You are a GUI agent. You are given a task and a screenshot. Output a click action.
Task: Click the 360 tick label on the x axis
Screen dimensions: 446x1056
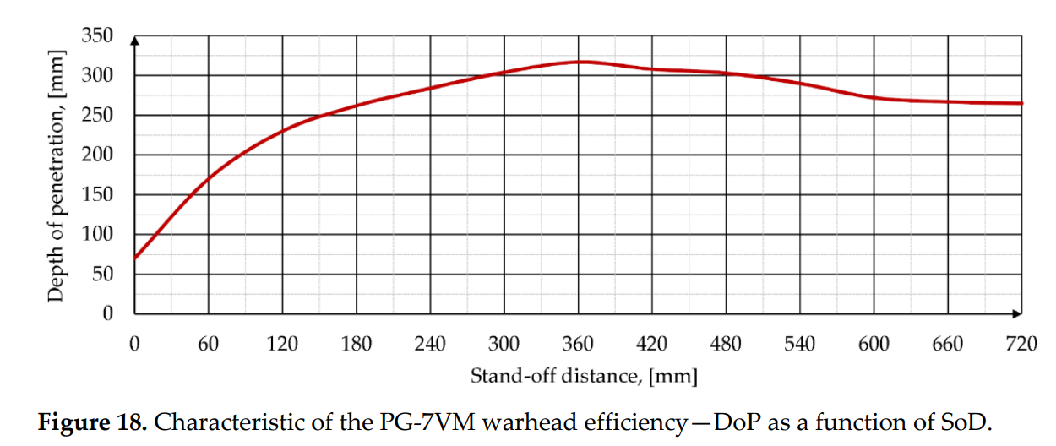click(578, 345)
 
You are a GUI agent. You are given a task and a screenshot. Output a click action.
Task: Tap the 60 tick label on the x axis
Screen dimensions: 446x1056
click(208, 345)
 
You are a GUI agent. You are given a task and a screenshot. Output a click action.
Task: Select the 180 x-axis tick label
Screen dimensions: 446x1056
click(357, 345)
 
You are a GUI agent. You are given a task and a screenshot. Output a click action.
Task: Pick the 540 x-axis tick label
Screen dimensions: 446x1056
click(799, 345)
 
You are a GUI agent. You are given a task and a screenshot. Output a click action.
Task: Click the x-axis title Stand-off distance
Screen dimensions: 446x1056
click(584, 375)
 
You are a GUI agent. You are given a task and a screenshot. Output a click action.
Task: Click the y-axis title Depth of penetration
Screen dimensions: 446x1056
click(56, 175)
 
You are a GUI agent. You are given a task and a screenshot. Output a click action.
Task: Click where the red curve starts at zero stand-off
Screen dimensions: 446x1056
click(135, 258)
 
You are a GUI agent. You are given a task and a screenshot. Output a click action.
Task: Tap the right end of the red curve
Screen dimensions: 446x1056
click(1022, 103)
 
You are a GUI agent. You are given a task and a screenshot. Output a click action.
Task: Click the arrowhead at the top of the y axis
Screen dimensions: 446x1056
click(135, 40)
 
